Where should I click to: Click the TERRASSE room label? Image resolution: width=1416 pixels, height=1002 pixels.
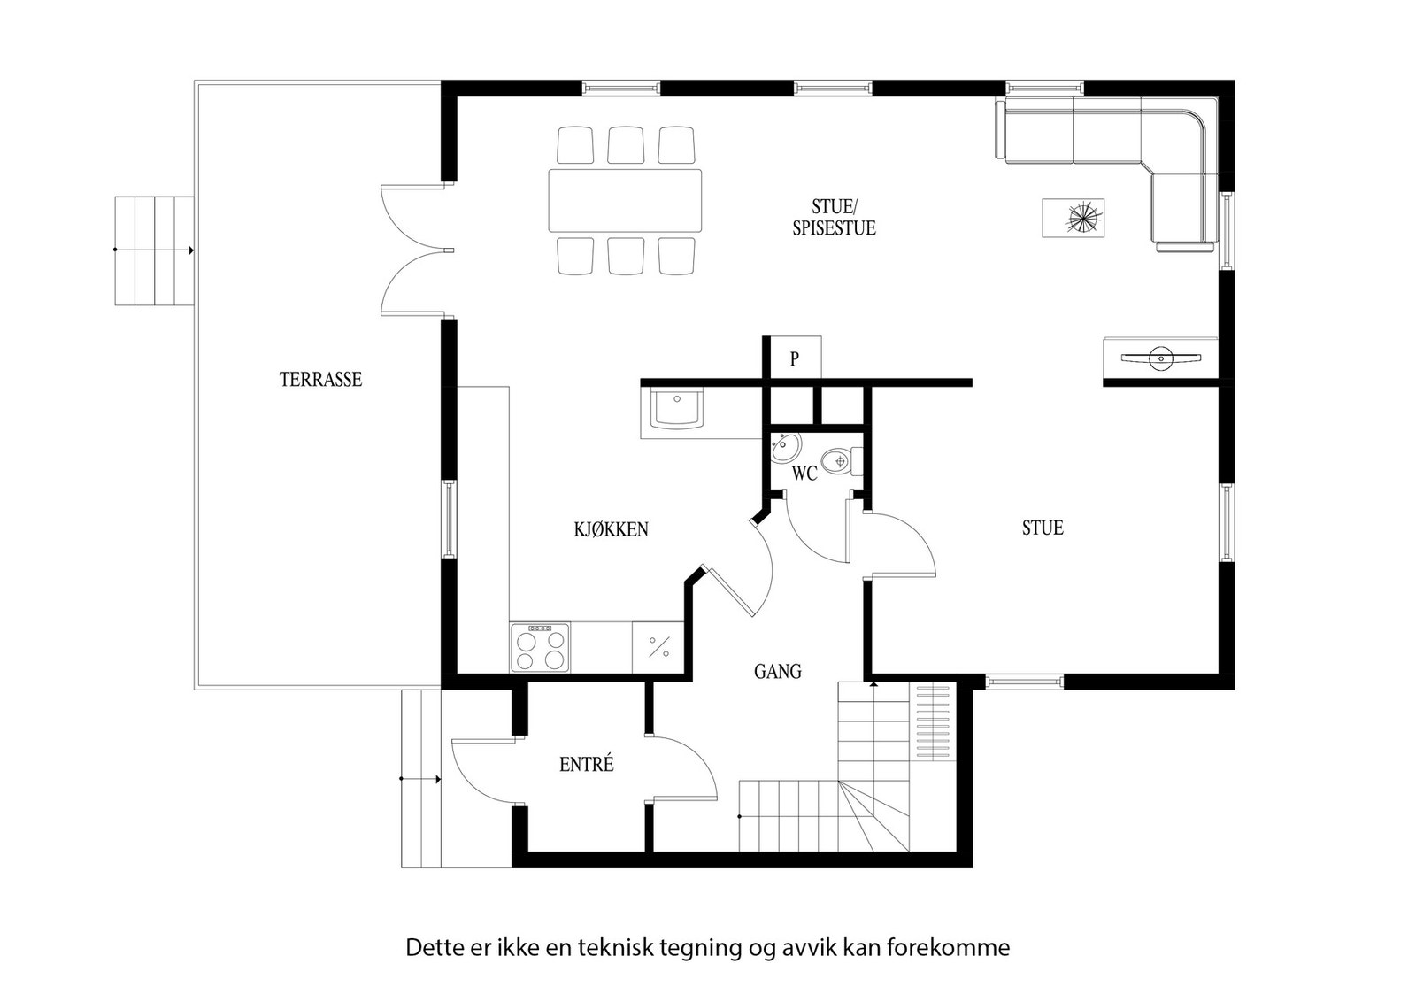pyautogui.click(x=320, y=380)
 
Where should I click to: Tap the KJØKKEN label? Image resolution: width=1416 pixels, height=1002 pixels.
pyautogui.click(x=612, y=529)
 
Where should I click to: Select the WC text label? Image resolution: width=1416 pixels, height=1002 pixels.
pyautogui.click(x=804, y=473)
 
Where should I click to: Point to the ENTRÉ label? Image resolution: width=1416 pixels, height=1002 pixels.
pyautogui.click(x=587, y=764)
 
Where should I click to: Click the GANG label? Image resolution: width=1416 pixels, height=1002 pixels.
pyautogui.click(x=778, y=671)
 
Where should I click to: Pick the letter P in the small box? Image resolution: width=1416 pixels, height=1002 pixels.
pyautogui.click(x=795, y=359)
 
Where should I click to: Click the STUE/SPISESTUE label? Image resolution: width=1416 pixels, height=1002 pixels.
pyautogui.click(x=835, y=218)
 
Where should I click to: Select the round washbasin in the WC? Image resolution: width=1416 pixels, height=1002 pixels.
pyautogui.click(x=785, y=448)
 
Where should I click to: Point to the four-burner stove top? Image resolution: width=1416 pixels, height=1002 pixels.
pyautogui.click(x=540, y=647)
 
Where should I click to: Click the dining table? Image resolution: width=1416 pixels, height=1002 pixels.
pyautogui.click(x=625, y=200)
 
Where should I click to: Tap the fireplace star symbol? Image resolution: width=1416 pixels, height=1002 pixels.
pyautogui.click(x=1083, y=218)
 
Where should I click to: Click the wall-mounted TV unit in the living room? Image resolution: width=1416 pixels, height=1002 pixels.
pyautogui.click(x=1160, y=358)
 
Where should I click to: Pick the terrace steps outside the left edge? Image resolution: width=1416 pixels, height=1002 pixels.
pyautogui.click(x=154, y=251)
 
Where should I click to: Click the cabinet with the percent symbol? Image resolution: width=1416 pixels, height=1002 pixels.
pyautogui.click(x=658, y=647)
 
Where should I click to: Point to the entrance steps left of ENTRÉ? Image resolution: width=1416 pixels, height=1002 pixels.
pyautogui.click(x=421, y=779)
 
